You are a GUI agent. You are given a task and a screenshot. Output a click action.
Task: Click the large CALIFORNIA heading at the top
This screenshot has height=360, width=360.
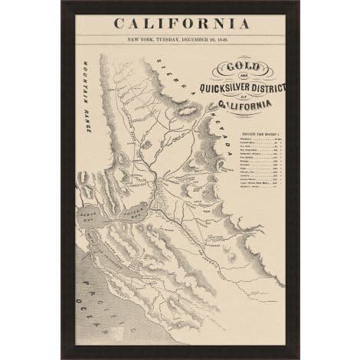[x=180, y=21]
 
